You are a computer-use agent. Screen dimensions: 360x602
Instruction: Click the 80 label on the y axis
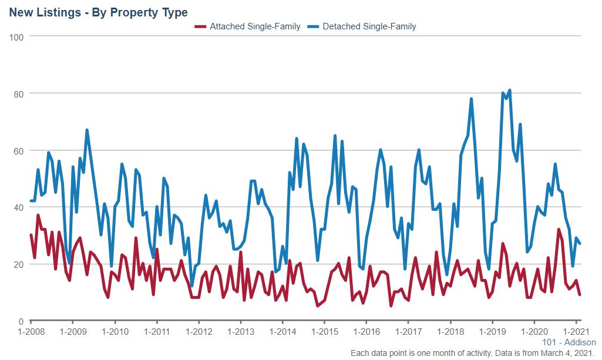coord(18,94)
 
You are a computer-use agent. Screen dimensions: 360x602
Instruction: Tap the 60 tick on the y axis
coord(18,151)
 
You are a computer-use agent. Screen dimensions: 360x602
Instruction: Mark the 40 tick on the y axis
coord(18,207)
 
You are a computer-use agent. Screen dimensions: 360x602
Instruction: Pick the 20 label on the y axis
coord(18,264)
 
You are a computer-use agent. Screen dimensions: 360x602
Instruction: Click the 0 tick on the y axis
coord(20,321)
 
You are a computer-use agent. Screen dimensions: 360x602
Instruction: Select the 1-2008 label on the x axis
coord(31,332)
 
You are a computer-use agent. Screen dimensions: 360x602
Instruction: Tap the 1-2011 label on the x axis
coord(157,332)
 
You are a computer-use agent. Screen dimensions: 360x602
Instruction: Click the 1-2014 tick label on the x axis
coord(282,332)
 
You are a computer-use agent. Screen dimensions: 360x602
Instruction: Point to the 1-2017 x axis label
coord(409,332)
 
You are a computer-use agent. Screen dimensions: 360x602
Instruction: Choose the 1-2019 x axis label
coord(493,332)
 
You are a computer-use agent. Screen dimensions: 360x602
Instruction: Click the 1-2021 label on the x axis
coord(576,332)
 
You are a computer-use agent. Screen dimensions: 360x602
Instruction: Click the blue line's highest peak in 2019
coord(510,90)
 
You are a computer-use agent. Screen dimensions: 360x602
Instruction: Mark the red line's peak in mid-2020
coord(559,230)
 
